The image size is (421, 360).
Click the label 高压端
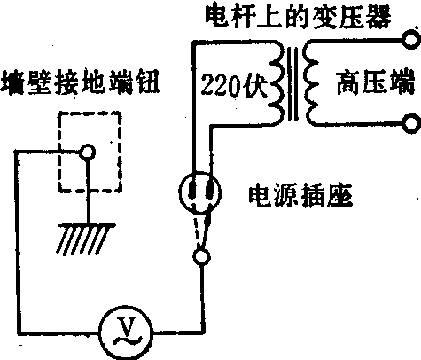[x=375, y=82]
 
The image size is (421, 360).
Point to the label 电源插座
[x=300, y=196]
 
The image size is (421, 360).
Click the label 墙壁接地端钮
[x=81, y=82]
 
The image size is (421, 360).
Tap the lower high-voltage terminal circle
[x=412, y=123]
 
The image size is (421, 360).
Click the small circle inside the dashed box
[x=88, y=153]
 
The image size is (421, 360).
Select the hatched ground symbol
[x=86, y=239]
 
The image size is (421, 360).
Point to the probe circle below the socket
[x=201, y=256]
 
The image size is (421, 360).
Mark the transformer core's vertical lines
[x=292, y=83]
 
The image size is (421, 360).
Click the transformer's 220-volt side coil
[x=277, y=83]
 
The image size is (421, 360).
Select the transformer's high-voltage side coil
[x=312, y=83]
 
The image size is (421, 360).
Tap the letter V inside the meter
[x=126, y=325]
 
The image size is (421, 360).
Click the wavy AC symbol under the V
[x=127, y=340]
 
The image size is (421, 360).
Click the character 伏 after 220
[x=255, y=85]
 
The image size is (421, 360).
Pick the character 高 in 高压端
[x=348, y=82]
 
